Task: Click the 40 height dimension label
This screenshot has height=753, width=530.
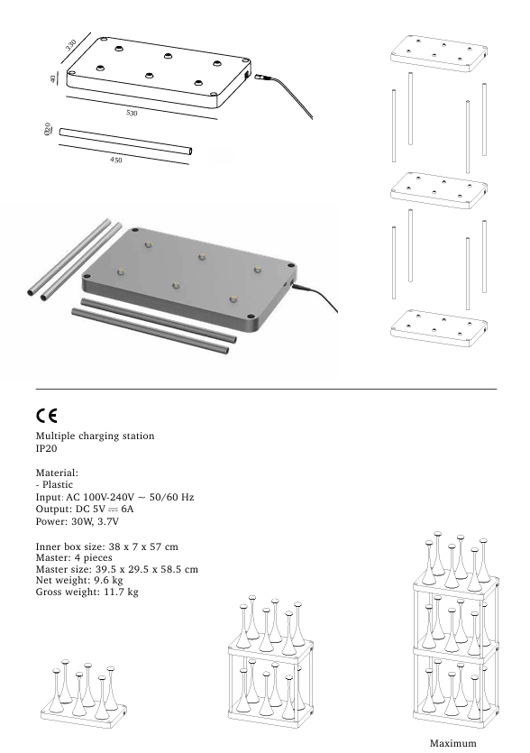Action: tap(55, 79)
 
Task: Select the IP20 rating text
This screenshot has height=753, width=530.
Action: tap(47, 448)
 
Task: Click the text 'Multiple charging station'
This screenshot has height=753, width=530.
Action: tap(95, 436)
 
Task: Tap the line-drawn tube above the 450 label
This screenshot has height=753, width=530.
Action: tap(125, 142)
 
